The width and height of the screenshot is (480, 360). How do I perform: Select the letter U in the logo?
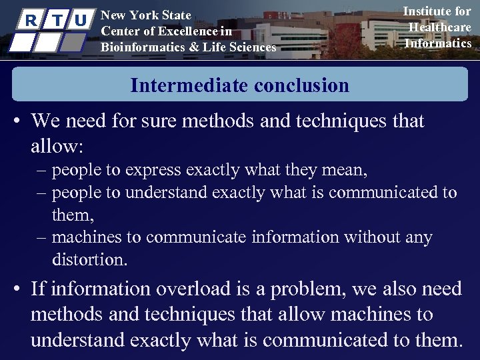80,21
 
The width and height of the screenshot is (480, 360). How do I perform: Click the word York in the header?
143,15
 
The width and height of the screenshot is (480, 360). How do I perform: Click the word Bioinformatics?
140,47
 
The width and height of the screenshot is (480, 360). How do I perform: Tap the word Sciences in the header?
251,47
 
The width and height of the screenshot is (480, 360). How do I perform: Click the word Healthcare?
440,27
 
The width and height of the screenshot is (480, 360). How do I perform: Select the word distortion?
89,259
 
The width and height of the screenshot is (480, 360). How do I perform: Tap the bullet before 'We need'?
17,122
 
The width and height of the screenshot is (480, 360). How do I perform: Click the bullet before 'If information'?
17,289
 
